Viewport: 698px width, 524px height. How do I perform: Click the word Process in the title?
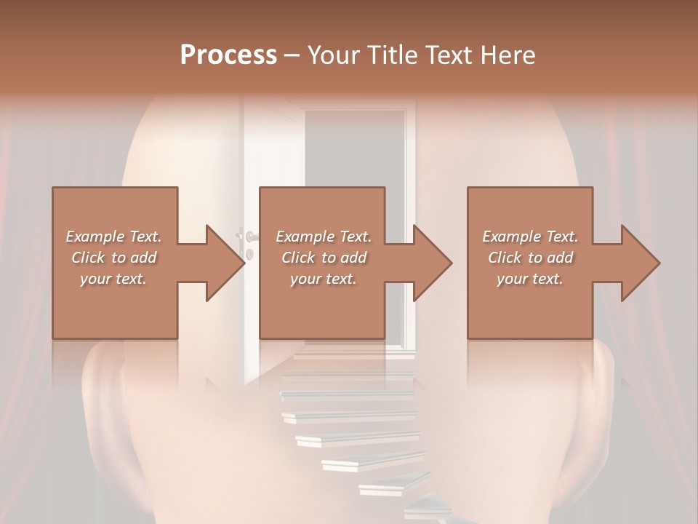pos(228,55)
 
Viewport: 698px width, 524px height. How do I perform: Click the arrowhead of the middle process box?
pos(433,263)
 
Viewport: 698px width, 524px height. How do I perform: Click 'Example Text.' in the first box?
pos(113,237)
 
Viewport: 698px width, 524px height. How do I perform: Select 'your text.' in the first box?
pos(113,279)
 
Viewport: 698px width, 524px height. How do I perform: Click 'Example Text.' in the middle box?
pos(324,237)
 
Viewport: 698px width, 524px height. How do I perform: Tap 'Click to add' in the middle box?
pos(324,258)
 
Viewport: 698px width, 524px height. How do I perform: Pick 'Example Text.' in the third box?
pos(530,237)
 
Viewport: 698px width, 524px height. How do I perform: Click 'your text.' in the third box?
pos(530,279)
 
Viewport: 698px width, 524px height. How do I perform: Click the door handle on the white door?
pos(250,237)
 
